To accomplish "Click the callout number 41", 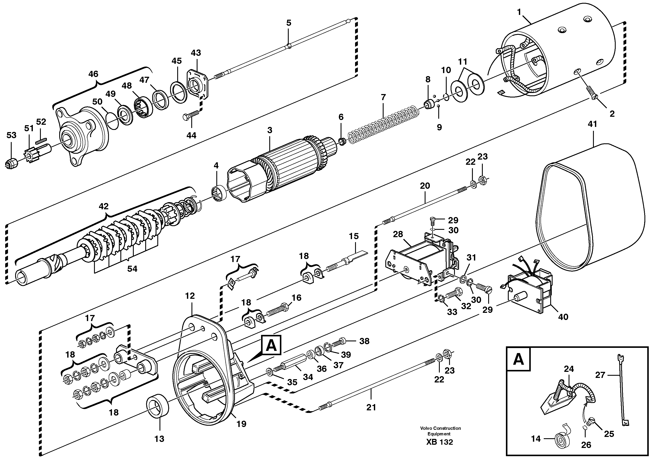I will tap(593, 124).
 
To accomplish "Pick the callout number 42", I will tap(104, 206).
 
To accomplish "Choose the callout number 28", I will tap(398, 234).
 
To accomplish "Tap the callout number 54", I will tap(132, 269).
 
